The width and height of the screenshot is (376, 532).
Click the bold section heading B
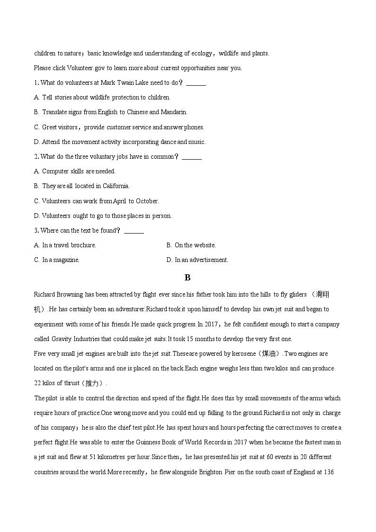tap(188, 278)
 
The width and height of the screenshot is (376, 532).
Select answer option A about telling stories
tap(102, 98)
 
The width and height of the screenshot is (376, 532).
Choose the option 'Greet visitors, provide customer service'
tap(119, 127)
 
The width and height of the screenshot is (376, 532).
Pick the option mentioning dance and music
tap(120, 142)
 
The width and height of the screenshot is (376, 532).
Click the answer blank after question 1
tap(196, 83)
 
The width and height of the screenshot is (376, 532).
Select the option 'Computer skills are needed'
tap(75, 171)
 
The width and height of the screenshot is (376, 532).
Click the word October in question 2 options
tap(147, 201)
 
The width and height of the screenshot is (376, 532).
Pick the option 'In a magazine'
tap(57, 260)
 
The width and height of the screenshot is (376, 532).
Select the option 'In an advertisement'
tap(197, 260)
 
